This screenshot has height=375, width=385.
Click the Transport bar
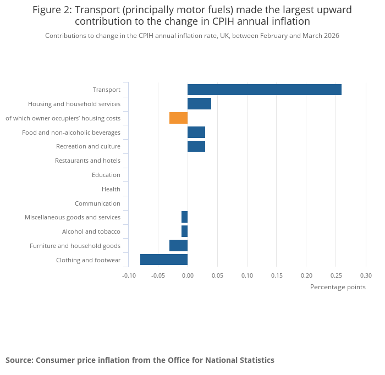265,90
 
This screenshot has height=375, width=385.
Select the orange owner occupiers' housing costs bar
179,118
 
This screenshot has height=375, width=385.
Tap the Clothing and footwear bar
164,260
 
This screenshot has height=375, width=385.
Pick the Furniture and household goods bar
179,245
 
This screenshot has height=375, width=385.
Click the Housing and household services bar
199,103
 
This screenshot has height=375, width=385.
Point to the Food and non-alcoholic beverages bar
196,133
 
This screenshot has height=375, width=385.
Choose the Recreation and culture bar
196,146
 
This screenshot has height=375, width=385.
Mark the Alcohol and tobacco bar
185,231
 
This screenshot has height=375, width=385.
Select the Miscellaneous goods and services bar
185,217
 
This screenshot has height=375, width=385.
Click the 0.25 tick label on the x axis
336,275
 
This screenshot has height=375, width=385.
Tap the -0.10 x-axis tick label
129,275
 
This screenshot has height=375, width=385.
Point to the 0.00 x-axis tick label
188,275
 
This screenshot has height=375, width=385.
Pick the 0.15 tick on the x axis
277,275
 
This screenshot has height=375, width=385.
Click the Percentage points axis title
338,287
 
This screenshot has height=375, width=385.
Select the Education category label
106,175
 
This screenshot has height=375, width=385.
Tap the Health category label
111,189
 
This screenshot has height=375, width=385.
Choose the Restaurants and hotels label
87,161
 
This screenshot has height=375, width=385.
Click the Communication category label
97,203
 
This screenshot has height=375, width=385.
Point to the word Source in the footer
19,360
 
